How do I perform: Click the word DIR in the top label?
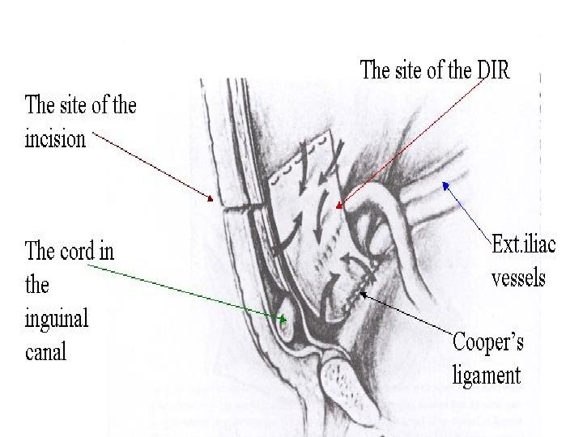492,70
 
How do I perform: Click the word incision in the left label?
55,138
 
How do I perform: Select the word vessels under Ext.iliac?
519,278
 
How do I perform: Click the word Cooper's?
488,343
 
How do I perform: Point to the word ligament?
487,375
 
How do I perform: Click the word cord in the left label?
76,251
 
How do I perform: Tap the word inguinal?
57,318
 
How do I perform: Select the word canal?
46,352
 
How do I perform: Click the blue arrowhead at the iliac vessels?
444,185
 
